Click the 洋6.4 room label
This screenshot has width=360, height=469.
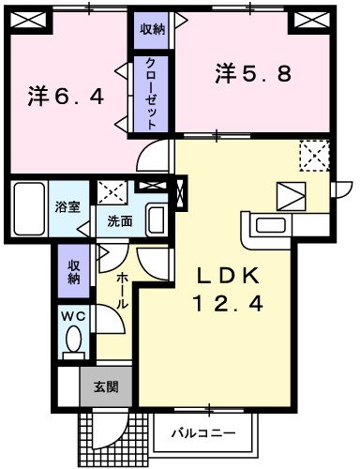[x=65, y=95]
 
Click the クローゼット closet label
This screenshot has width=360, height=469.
[x=150, y=92]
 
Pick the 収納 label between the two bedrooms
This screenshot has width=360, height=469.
[x=152, y=29]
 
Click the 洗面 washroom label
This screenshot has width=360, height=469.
[x=119, y=222]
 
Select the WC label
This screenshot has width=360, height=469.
[x=73, y=315]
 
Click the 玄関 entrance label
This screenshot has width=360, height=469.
[x=105, y=385]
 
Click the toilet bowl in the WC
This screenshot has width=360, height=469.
[x=73, y=342]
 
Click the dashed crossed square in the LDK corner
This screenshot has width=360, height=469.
[x=314, y=155]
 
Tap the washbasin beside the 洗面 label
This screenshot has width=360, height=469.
[x=156, y=221]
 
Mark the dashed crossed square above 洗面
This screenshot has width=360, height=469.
[x=112, y=191]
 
